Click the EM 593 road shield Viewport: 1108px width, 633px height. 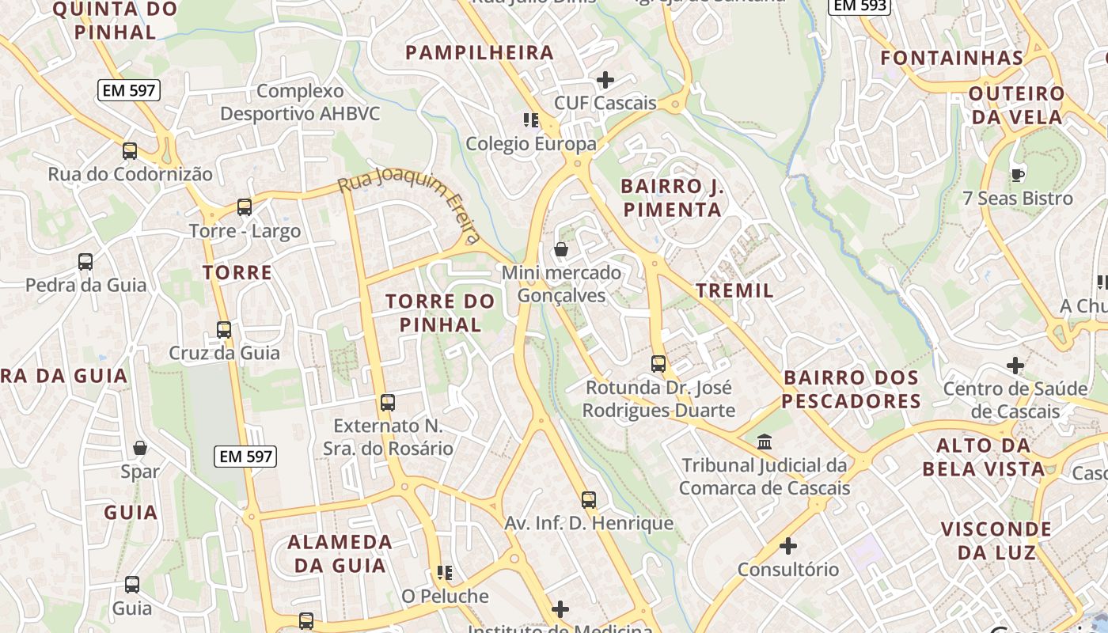(x=859, y=6)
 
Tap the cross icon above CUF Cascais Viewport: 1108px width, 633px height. (x=605, y=80)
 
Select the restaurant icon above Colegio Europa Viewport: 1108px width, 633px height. (x=531, y=120)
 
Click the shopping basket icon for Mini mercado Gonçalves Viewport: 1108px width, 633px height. (x=561, y=250)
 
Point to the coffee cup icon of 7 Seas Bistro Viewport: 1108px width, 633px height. (x=1018, y=175)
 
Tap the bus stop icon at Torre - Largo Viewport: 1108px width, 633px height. (x=245, y=207)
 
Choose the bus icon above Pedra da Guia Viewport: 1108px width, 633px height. (x=85, y=261)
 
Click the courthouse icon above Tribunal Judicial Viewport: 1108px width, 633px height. (x=765, y=442)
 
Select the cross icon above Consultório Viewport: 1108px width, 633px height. (x=787, y=546)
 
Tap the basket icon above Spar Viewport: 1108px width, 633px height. (x=140, y=449)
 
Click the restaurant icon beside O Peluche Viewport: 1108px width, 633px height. (x=445, y=572)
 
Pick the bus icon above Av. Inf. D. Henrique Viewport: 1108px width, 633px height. (x=588, y=500)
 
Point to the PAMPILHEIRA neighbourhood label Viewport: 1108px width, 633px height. (x=479, y=53)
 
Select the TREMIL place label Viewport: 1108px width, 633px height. (x=734, y=290)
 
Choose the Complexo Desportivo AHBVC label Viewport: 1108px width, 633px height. (x=300, y=103)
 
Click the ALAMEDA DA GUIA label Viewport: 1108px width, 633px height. (x=340, y=554)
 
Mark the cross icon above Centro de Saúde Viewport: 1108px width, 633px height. (x=1015, y=366)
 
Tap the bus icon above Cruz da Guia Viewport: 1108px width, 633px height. (x=224, y=329)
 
